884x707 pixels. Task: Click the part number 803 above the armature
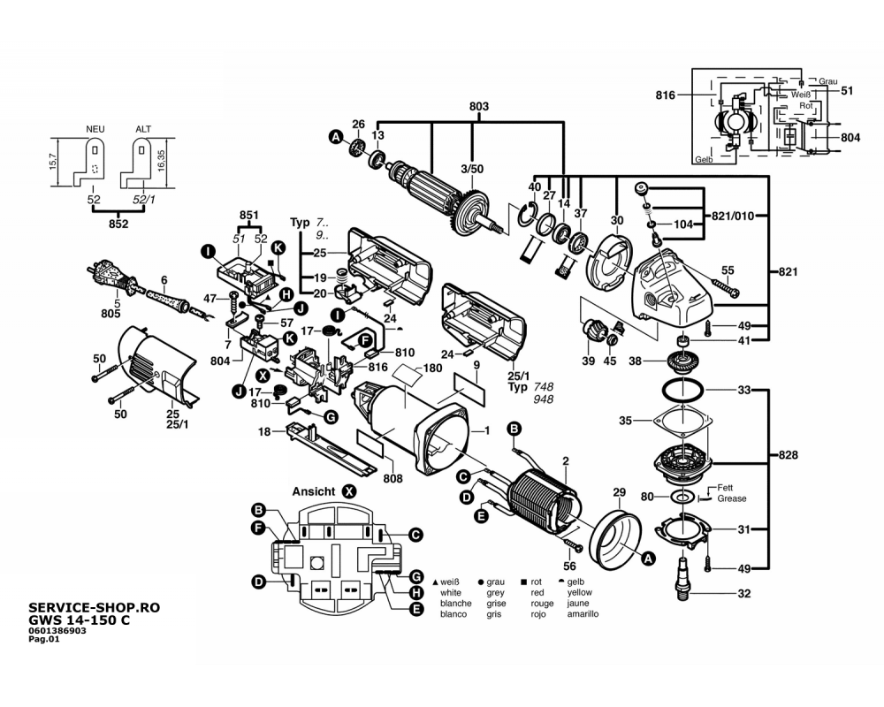[x=478, y=107]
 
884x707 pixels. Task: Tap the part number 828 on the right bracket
[x=789, y=456]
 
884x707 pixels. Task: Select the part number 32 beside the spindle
[x=744, y=594]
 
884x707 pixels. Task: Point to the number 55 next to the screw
[x=728, y=270]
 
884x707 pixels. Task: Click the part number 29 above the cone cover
[x=619, y=491]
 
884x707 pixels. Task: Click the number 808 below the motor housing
[x=393, y=478]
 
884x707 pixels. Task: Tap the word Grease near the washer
[x=732, y=498]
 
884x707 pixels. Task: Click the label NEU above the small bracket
[x=95, y=129]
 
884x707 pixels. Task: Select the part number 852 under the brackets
[x=118, y=224]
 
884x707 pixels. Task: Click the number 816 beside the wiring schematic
[x=666, y=95]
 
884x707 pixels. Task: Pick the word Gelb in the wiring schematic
[x=704, y=159]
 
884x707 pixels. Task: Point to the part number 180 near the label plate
[x=432, y=368]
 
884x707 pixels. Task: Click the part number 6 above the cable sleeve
[x=163, y=281]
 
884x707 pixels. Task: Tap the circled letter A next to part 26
[x=336, y=136]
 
